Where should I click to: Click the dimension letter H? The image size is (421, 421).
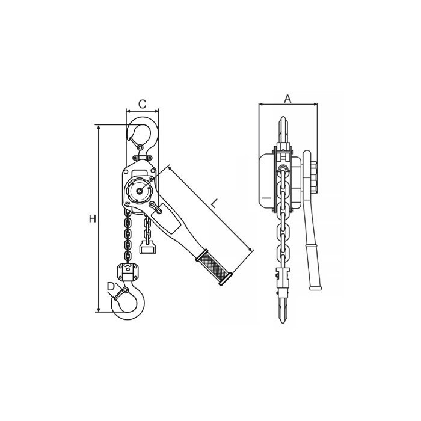point(93,219)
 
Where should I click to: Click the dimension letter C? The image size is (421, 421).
point(143,103)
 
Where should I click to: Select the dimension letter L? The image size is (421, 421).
point(214,204)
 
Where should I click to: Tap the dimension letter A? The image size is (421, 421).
point(287,99)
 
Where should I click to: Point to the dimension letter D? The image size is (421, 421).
point(111,287)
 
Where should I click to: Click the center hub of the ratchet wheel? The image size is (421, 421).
point(140,191)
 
